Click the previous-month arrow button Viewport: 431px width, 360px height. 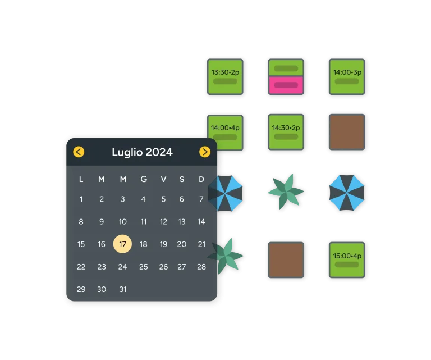[x=79, y=152]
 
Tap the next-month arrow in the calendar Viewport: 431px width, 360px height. [x=205, y=152]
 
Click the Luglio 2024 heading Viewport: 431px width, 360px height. [x=142, y=152]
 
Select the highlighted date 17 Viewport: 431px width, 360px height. [x=122, y=244]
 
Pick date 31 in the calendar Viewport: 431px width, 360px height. [x=122, y=289]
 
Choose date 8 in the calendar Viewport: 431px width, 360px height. [x=81, y=222]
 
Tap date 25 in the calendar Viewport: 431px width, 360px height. [x=143, y=267]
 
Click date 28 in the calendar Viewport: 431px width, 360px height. [x=201, y=267]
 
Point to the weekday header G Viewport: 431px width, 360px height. [x=144, y=180]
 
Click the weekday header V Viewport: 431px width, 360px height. [x=163, y=180]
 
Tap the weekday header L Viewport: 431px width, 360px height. [x=81, y=180]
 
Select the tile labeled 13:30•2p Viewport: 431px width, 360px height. [x=225, y=76]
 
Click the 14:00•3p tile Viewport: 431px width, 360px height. [x=347, y=76]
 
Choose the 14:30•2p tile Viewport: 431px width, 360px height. [x=286, y=132]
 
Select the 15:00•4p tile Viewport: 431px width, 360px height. [x=347, y=259]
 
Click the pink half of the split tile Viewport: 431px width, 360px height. [x=286, y=85]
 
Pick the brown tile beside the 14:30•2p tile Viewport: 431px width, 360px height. [x=347, y=132]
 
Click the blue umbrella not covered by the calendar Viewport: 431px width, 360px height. [x=347, y=193]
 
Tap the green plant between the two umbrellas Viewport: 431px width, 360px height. [x=286, y=192]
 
